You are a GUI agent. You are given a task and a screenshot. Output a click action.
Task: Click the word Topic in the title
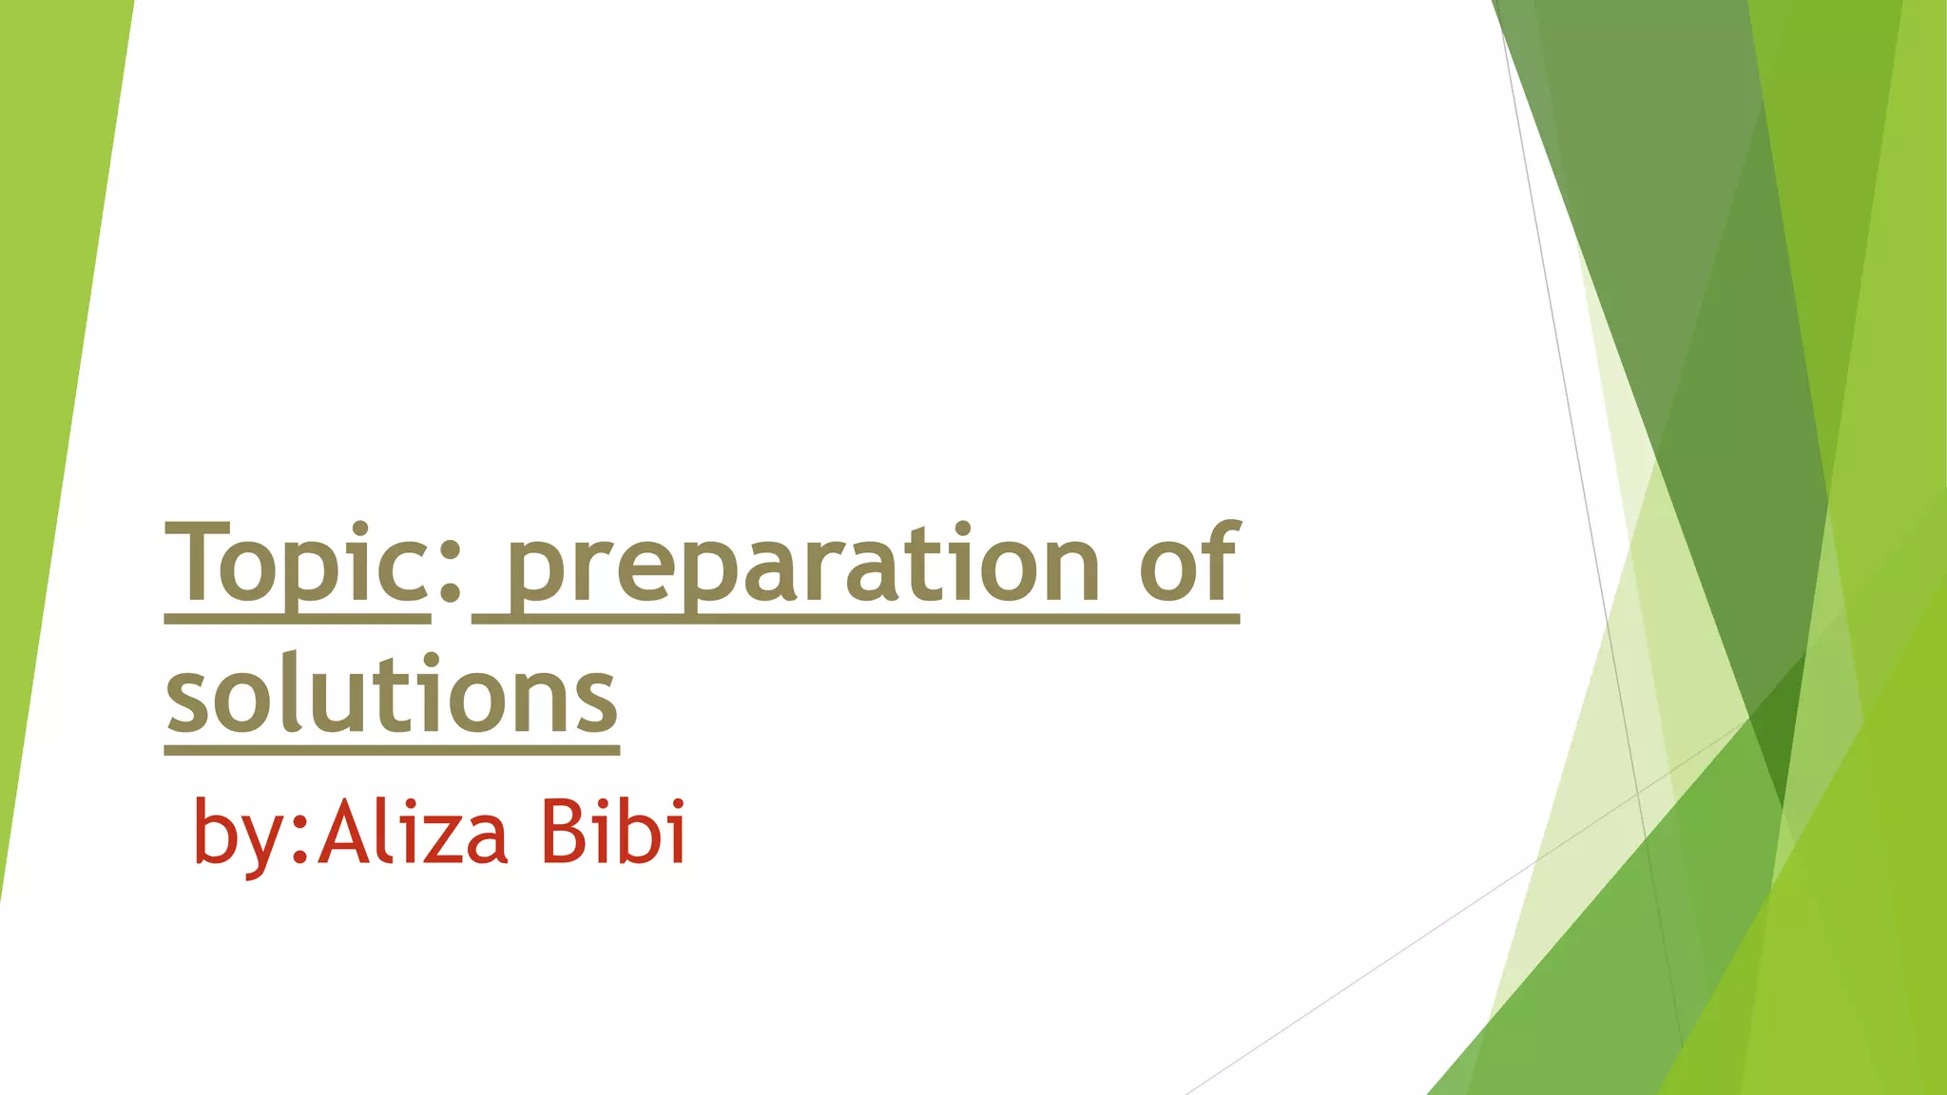coord(297,565)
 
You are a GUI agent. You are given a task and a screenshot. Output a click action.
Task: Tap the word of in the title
coord(1188,565)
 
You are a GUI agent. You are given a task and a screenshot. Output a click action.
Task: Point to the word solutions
coord(392,696)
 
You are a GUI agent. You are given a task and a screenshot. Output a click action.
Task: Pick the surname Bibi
coord(613,833)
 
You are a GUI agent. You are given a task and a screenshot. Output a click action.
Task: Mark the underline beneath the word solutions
coord(392,751)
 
